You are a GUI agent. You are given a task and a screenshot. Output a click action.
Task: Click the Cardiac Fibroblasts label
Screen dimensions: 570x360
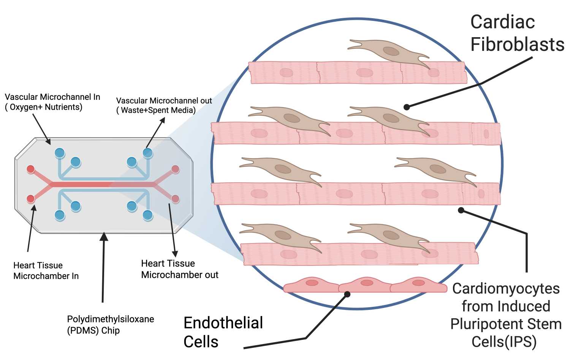[517, 33]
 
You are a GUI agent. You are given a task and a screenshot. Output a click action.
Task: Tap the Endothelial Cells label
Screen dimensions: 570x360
[223, 332]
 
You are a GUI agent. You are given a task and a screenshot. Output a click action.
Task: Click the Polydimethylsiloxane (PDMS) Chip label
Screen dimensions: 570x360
[111, 325]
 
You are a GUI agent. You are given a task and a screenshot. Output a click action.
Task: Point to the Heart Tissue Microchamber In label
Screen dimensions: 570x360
[46, 270]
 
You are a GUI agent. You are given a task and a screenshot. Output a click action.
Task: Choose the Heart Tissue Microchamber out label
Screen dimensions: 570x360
[180, 269]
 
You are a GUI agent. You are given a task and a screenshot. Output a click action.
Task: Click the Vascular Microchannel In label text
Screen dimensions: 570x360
[52, 102]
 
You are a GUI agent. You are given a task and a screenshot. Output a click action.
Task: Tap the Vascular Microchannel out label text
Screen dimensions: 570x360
[164, 105]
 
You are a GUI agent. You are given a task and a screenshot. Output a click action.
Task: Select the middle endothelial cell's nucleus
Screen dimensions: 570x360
[367, 283]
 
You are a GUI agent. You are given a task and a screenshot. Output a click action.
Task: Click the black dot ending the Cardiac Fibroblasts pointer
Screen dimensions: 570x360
[407, 107]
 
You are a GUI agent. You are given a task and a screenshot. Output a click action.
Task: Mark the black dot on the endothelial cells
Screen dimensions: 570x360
[347, 294]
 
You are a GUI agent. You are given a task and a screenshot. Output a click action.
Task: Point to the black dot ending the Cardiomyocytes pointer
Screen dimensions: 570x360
[461, 210]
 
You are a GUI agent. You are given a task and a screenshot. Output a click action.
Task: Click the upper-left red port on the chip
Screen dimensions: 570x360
[31, 169]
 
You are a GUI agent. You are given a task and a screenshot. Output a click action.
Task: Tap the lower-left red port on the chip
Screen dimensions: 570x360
[31, 199]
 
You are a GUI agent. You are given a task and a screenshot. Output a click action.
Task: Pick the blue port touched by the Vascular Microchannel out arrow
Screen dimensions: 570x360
[147, 153]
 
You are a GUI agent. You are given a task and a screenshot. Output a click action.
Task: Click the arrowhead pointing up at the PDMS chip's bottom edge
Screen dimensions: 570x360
[104, 237]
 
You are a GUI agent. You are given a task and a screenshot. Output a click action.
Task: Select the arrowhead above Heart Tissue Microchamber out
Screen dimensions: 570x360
[175, 254]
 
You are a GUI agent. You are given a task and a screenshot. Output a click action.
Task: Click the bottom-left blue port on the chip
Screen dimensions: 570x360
[60, 215]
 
